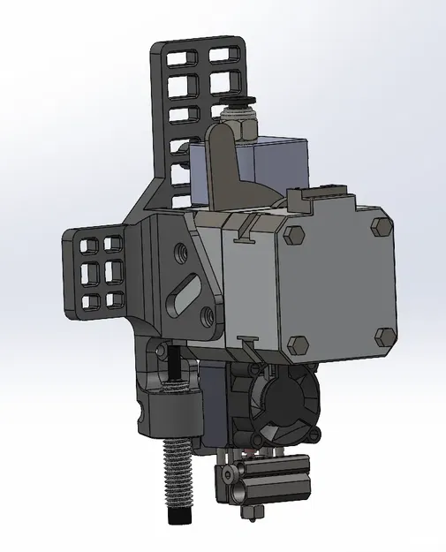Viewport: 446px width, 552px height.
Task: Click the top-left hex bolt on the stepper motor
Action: point(294,235)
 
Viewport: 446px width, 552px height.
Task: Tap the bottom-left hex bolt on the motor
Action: point(299,344)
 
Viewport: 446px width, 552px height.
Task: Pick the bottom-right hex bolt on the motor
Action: point(385,336)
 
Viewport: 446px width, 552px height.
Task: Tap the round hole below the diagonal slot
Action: point(207,314)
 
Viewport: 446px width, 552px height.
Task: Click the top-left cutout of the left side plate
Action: point(89,243)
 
